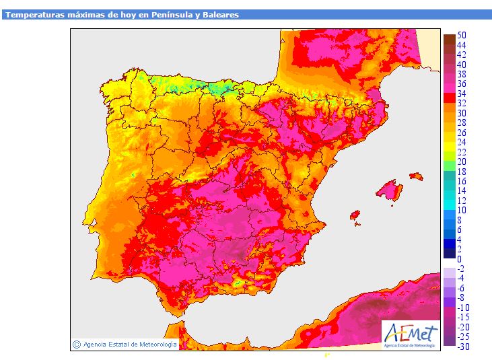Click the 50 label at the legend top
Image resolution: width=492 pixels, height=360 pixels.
(x=462, y=35)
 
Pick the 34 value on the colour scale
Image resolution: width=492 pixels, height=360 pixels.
(x=462, y=94)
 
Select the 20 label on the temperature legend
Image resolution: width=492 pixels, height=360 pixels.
(x=462, y=161)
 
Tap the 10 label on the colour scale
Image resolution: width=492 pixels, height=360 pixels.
(x=462, y=210)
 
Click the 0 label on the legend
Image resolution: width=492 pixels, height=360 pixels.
(x=460, y=259)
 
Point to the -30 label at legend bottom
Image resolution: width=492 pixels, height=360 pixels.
(x=464, y=346)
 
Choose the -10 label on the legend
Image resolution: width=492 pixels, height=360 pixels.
(x=464, y=308)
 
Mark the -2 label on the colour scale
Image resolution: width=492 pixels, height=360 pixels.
(x=461, y=268)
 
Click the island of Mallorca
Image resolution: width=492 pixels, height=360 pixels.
(x=390, y=190)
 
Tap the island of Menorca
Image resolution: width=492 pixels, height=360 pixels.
(x=417, y=176)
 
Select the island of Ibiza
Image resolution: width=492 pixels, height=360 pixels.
(x=355, y=215)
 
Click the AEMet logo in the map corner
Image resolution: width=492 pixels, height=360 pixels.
(x=411, y=335)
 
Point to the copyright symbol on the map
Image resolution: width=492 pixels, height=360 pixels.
(x=77, y=345)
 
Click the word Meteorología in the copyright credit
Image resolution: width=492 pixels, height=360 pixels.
(x=157, y=345)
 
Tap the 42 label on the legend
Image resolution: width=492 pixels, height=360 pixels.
(x=462, y=55)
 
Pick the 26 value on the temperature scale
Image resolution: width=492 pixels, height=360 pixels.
(x=462, y=133)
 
